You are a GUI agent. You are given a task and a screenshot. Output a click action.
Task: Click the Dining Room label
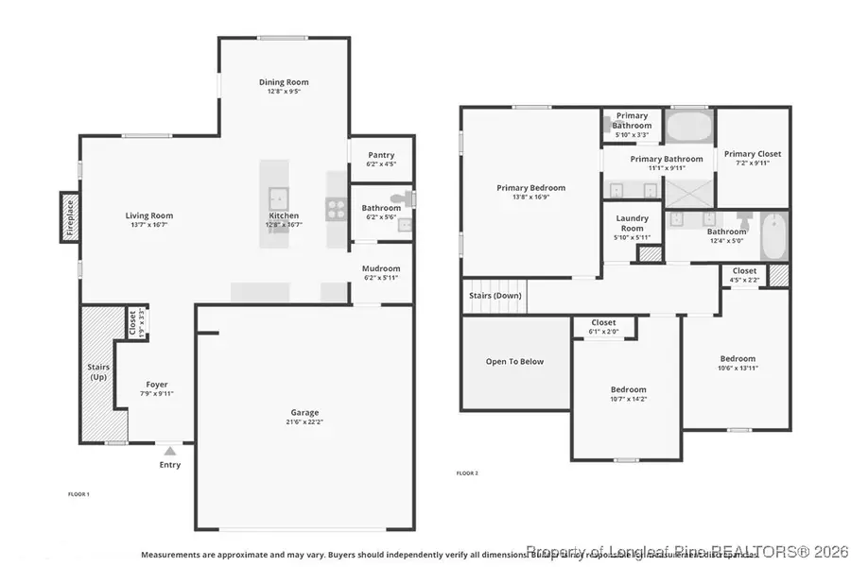point(284,82)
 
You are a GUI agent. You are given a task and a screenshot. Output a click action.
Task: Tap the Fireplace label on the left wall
point(69,217)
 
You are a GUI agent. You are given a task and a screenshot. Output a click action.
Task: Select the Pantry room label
point(381,155)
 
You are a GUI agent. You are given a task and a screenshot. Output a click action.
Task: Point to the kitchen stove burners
point(336,209)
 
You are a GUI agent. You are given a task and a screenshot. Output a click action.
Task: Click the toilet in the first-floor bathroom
point(405,198)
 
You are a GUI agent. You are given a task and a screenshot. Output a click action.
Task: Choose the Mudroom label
point(381,268)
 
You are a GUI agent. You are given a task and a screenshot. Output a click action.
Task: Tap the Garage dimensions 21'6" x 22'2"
point(304,422)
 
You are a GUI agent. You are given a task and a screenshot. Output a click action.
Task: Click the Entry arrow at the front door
point(169,451)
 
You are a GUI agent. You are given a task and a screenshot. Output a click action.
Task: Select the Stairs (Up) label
point(99,372)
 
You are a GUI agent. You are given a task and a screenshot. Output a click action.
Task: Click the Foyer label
point(156,384)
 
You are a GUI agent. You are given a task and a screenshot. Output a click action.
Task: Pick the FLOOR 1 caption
point(78,494)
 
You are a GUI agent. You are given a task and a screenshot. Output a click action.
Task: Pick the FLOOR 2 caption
point(467,472)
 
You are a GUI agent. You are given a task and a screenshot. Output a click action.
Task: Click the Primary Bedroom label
point(526,188)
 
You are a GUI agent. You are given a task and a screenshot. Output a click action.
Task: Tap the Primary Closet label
point(753,154)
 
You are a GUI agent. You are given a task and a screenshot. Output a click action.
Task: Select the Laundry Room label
point(632,223)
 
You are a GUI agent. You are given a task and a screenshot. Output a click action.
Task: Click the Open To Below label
point(514,361)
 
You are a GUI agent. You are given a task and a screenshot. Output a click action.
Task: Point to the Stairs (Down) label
point(495,295)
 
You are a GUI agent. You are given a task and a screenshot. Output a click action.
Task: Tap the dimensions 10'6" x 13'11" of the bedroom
point(738,369)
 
